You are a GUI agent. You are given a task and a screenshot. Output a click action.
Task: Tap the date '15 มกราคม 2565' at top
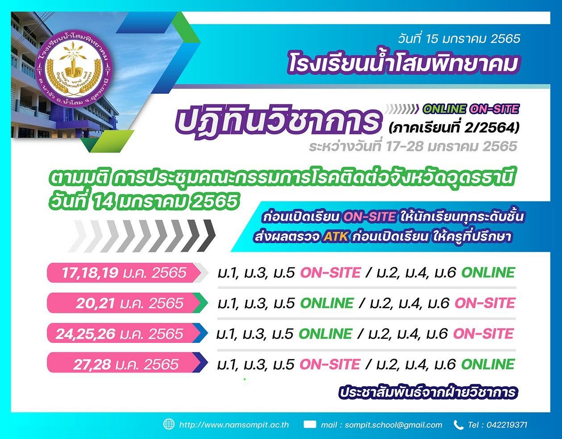[x=468, y=39]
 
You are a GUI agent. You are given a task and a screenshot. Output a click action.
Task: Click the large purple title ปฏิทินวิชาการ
[x=279, y=121]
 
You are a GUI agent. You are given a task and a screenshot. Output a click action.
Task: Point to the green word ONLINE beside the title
[x=445, y=109]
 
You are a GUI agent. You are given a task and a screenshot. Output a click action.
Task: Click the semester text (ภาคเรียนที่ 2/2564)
[x=454, y=128]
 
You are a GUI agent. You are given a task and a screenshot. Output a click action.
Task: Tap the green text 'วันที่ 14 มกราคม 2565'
[x=144, y=201]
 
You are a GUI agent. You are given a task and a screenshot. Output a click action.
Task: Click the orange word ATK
[x=335, y=236]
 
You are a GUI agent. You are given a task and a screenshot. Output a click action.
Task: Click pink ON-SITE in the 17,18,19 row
[x=330, y=272]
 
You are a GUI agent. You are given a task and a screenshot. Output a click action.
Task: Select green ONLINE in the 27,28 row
[x=488, y=364]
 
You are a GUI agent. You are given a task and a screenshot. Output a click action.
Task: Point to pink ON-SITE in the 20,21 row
[x=485, y=303]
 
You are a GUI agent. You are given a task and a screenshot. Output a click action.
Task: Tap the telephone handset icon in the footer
[x=458, y=425]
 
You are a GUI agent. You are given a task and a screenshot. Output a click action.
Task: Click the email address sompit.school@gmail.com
[x=393, y=425]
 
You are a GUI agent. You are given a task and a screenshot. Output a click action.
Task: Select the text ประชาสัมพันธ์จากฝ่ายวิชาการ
[x=428, y=392]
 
